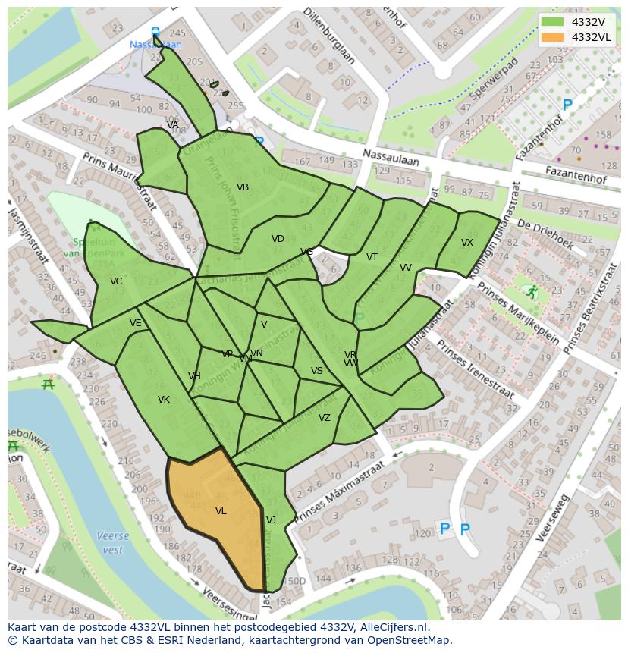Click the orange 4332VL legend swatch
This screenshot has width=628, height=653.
click(x=554, y=37)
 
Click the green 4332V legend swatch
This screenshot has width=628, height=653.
click(x=554, y=22)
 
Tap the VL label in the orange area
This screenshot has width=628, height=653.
click(x=221, y=511)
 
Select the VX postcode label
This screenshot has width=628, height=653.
click(x=466, y=243)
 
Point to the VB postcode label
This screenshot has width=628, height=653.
click(x=243, y=187)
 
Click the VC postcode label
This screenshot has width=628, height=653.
click(x=116, y=281)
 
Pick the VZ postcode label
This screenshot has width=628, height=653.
click(x=325, y=418)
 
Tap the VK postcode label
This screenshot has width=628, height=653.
click(x=164, y=400)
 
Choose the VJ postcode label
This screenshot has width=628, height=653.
click(x=271, y=520)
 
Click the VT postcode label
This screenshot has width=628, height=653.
click(x=372, y=257)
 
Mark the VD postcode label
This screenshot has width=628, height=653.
click(x=278, y=239)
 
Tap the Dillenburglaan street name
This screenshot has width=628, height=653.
click(x=328, y=35)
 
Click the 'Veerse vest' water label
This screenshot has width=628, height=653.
click(x=112, y=542)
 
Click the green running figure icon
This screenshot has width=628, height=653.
click(x=532, y=291)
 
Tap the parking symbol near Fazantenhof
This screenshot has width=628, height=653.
click(x=566, y=105)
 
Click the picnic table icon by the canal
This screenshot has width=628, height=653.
click(x=48, y=385)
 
